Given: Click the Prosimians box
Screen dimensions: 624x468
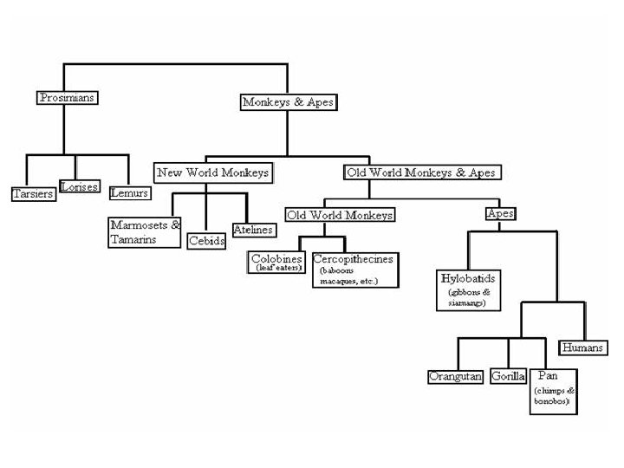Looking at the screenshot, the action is tap(67, 98).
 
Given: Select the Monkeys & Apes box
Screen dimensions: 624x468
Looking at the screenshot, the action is tap(287, 101).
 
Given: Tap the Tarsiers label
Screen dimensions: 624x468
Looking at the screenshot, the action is tap(33, 192).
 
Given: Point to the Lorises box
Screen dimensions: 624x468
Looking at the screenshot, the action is tap(80, 186).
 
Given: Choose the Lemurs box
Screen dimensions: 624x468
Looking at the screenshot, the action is tap(130, 192).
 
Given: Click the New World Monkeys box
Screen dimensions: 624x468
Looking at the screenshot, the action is tap(212, 172).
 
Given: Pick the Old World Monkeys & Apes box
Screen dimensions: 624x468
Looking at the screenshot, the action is tap(421, 172).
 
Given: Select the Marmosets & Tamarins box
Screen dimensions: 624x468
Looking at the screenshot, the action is tap(146, 231).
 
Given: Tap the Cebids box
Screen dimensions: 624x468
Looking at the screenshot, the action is tap(207, 241).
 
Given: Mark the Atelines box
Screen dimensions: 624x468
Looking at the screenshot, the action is tap(253, 230).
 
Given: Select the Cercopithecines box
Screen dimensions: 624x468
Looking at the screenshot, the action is tap(354, 270).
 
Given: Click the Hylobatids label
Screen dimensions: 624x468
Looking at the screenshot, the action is tap(469, 279).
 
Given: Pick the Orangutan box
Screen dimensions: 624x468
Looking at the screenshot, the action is tap(455, 376).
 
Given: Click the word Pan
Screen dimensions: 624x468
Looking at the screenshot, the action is tap(548, 375).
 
